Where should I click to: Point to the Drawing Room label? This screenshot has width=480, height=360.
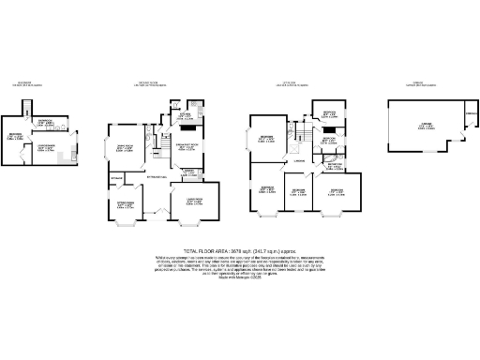click(124, 147)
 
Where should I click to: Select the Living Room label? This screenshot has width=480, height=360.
click(196, 200)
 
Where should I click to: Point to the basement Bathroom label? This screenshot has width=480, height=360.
click(44, 121)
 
